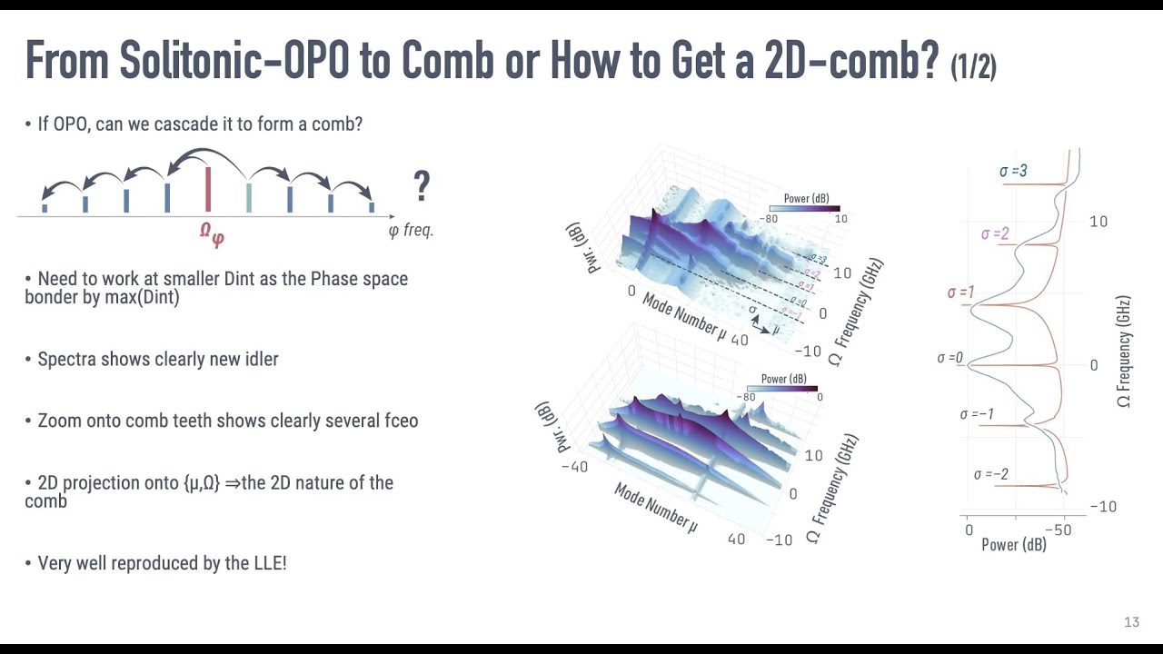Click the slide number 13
pyautogui.click(x=1131, y=622)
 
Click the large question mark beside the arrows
pyautogui.click(x=421, y=186)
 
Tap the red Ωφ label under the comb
pyautogui.click(x=212, y=233)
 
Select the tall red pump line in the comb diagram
pyautogui.click(x=208, y=189)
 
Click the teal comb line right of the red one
pyautogui.click(x=249, y=197)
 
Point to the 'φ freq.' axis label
pyautogui.click(x=411, y=230)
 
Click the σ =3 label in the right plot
pyautogui.click(x=1013, y=171)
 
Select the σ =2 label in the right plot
pyautogui.click(x=995, y=234)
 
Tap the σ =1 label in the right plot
pyautogui.click(x=960, y=292)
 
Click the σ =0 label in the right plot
pyautogui.click(x=949, y=358)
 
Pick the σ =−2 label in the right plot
pyautogui.click(x=990, y=474)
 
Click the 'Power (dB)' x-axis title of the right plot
pyautogui.click(x=1013, y=545)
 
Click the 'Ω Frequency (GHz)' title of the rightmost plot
pyautogui.click(x=1125, y=352)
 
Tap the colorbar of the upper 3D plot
pyautogui.click(x=804, y=208)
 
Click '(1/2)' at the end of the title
pyautogui.click(x=973, y=66)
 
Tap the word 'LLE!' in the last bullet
pyautogui.click(x=269, y=563)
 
